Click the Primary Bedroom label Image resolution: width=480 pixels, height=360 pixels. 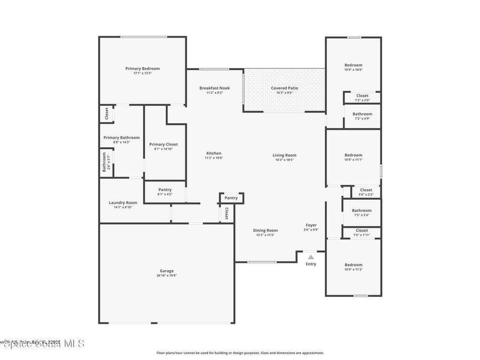coord(142,68)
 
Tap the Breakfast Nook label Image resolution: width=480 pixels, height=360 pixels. coord(214,88)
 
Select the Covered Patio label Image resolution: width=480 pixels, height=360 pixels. coord(284,88)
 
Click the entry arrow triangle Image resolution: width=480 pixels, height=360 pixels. coord(311,257)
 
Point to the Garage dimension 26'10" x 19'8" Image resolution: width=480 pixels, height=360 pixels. coord(166,276)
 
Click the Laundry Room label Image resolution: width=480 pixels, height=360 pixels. coord(123,202)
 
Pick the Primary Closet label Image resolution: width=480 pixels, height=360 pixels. coord(163,144)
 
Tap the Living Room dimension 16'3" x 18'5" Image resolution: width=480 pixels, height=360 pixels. coord(285,160)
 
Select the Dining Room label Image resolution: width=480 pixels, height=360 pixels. coord(265,230)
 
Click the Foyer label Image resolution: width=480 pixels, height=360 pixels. coord(311,225)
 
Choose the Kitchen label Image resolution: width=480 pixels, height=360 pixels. coord(214,153)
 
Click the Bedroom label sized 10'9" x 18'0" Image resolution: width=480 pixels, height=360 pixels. coord(353,65)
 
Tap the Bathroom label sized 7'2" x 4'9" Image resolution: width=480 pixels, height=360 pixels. coord(362,114)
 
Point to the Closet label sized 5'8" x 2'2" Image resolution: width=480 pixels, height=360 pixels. coord(366,190)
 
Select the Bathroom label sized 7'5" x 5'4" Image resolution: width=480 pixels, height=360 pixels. coord(361,210)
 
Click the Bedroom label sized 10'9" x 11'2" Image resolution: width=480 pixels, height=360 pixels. coord(353,265)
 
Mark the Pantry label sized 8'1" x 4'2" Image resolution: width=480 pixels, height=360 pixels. coord(165,190)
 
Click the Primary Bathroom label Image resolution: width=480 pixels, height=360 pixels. coord(121,138)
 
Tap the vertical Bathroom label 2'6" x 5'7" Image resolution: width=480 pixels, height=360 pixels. coord(104,162)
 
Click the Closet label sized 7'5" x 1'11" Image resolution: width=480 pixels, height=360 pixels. coord(361,231)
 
